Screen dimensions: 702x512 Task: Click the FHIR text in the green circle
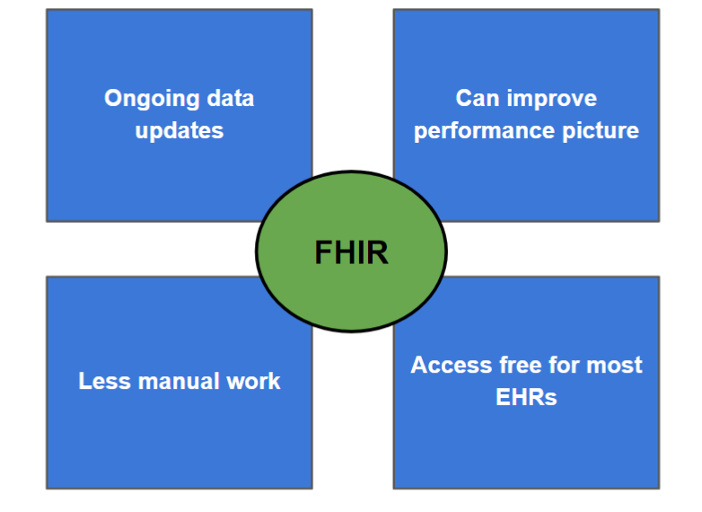coord(351,252)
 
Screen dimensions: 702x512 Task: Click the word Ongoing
coord(152,100)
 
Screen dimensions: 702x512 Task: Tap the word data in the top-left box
coord(230,98)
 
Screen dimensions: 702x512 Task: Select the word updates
coord(179,132)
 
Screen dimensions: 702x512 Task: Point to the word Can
coord(478,98)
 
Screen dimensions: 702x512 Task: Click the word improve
coord(551,100)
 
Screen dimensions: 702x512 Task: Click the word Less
coord(105,381)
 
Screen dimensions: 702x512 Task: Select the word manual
coord(179,381)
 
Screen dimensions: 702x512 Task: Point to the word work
coord(253,381)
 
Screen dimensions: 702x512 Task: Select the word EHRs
coord(526,397)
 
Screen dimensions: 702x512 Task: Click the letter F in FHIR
coord(323,252)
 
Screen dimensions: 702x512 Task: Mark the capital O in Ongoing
coord(113,98)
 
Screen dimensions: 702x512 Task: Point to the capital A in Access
coord(420,365)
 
